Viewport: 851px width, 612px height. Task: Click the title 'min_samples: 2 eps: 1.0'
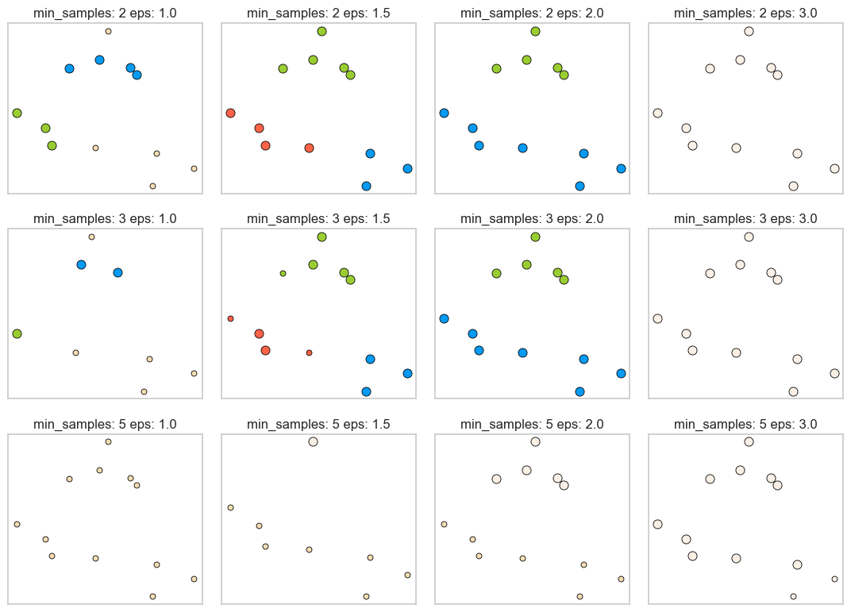(105, 13)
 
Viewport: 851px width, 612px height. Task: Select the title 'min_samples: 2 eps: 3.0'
(745, 13)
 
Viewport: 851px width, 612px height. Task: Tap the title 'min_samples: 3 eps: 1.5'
(318, 218)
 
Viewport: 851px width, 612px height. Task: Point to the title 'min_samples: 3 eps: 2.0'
(532, 218)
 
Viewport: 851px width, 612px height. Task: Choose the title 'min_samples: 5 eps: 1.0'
(105, 424)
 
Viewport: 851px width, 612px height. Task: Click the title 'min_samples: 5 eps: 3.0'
(745, 424)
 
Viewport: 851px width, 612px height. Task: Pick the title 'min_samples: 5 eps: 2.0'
(532, 424)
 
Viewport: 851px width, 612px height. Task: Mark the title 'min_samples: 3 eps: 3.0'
(745, 218)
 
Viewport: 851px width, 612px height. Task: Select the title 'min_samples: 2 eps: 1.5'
(318, 13)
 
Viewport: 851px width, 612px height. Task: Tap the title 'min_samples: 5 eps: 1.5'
(318, 424)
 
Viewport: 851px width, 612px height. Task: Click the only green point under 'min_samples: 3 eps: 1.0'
(17, 333)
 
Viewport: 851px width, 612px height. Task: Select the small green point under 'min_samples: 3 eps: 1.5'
(283, 273)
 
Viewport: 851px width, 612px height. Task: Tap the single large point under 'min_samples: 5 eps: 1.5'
(313, 441)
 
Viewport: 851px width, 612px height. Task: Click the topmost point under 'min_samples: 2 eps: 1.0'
(108, 31)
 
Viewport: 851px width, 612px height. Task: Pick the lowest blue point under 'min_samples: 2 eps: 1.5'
(366, 186)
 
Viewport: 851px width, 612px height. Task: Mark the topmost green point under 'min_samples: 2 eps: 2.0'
(535, 31)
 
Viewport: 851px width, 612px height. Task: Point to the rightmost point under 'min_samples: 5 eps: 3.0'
(834, 579)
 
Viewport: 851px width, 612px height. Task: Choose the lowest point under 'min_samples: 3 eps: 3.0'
(793, 391)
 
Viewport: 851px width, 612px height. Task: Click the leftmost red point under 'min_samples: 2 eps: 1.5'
(230, 113)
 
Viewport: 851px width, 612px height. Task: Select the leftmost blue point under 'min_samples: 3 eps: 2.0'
(444, 318)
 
